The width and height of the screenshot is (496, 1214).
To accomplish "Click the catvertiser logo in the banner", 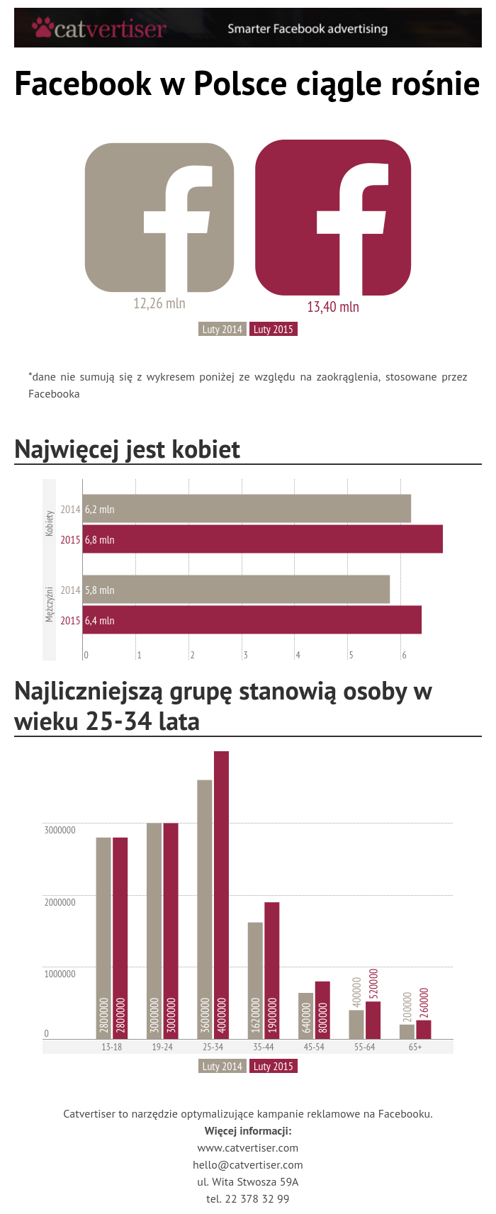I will (99, 28).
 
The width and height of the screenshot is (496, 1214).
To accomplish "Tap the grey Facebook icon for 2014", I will (159, 218).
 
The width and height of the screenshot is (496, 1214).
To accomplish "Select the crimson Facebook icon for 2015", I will (333, 218).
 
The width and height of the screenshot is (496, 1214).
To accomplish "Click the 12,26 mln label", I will (159, 303).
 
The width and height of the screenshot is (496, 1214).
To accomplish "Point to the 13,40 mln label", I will (333, 307).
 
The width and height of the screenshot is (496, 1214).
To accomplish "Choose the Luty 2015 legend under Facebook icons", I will (273, 330).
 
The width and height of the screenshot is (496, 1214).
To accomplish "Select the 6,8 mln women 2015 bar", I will (262, 539).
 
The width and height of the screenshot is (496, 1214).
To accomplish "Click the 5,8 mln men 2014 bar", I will (236, 590).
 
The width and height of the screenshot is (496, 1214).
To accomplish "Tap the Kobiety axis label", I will (50, 523).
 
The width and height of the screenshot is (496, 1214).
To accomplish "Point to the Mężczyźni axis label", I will (50, 604).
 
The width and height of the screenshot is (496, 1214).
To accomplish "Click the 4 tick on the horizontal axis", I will (298, 656).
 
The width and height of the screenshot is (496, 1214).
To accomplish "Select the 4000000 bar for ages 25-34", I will (221, 894).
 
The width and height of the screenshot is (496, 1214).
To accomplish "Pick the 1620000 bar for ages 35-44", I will (255, 980).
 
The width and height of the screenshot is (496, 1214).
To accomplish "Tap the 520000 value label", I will (373, 984).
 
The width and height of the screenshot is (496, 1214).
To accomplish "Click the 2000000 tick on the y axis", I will (60, 902).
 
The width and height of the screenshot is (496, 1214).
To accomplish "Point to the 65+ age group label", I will (415, 1047).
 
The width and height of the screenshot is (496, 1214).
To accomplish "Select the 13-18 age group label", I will (112, 1047).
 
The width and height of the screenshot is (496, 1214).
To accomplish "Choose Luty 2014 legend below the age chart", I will (222, 1067).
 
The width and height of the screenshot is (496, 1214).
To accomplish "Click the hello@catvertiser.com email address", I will (248, 1165).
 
